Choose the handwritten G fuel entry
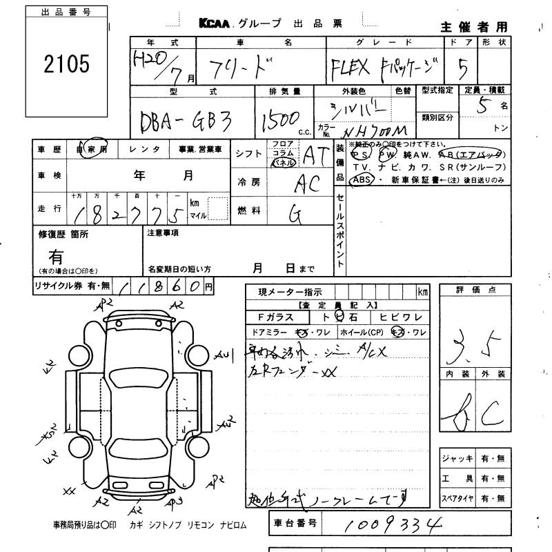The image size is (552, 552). coord(295,215)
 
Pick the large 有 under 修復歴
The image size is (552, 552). coord(56,256)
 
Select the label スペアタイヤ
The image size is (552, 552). coord(457,498)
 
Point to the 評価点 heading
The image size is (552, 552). coord(475,290)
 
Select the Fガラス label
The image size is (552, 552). coord(275,317)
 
